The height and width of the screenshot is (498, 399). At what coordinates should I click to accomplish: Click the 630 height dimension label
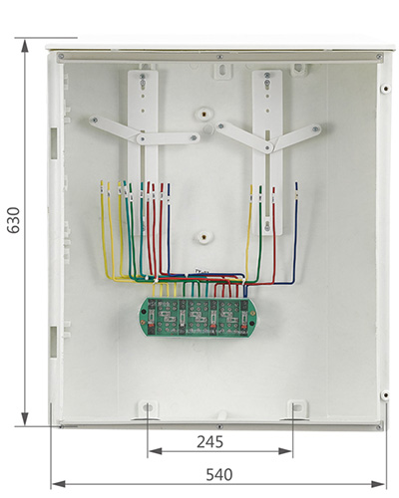pyautogui.click(x=14, y=220)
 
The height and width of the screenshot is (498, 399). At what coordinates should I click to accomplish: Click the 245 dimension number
pyautogui.click(x=210, y=442)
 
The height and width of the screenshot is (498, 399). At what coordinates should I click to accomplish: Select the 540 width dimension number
pyautogui.click(x=219, y=475)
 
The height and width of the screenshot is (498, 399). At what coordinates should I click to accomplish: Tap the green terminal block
pyautogui.click(x=198, y=317)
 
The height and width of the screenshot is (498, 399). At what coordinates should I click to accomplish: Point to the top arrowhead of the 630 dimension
pyautogui.click(x=25, y=46)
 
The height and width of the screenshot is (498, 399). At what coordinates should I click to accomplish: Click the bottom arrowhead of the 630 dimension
pyautogui.click(x=25, y=419)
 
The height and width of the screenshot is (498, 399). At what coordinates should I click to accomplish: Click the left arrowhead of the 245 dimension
pyautogui.click(x=156, y=451)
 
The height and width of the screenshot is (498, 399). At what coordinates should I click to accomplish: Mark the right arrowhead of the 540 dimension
pyautogui.click(x=378, y=484)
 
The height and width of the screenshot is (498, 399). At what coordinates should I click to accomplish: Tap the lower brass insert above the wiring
pyautogui.click(x=202, y=237)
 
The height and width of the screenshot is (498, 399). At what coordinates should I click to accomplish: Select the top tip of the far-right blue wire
pyautogui.click(x=296, y=182)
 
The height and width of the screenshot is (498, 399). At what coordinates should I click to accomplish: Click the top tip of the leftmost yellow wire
pyautogui.click(x=102, y=181)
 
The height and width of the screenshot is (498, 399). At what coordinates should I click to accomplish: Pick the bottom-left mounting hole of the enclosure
pyautogui.click(x=148, y=407)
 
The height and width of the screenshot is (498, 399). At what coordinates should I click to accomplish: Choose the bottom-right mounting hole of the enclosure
pyautogui.click(x=297, y=407)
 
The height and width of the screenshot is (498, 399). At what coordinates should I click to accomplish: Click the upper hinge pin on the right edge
pyautogui.click(x=385, y=89)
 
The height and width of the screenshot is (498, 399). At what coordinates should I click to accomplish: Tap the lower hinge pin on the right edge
pyautogui.click(x=385, y=395)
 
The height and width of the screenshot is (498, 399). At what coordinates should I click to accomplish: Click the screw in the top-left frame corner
pyautogui.click(x=61, y=57)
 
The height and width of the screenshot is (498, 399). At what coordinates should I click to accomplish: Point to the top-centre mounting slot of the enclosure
pyautogui.click(x=222, y=71)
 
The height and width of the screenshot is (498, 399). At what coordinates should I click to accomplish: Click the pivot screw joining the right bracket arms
pyautogui.click(x=268, y=147)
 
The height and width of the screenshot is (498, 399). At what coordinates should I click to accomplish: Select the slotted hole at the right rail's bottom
pyautogui.click(x=267, y=226)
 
